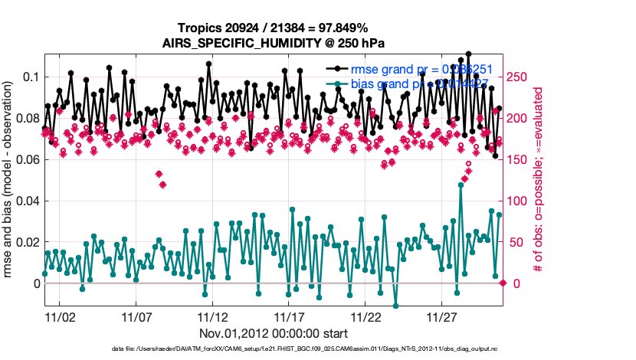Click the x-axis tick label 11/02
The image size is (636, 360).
pyautogui.click(x=59, y=316)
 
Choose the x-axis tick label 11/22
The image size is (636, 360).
pyautogui.click(x=366, y=316)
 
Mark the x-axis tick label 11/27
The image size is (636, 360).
pyautogui.click(x=442, y=316)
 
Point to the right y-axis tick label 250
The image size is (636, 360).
pyautogui.click(x=520, y=77)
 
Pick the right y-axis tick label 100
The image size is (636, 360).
pyautogui.click(x=520, y=201)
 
